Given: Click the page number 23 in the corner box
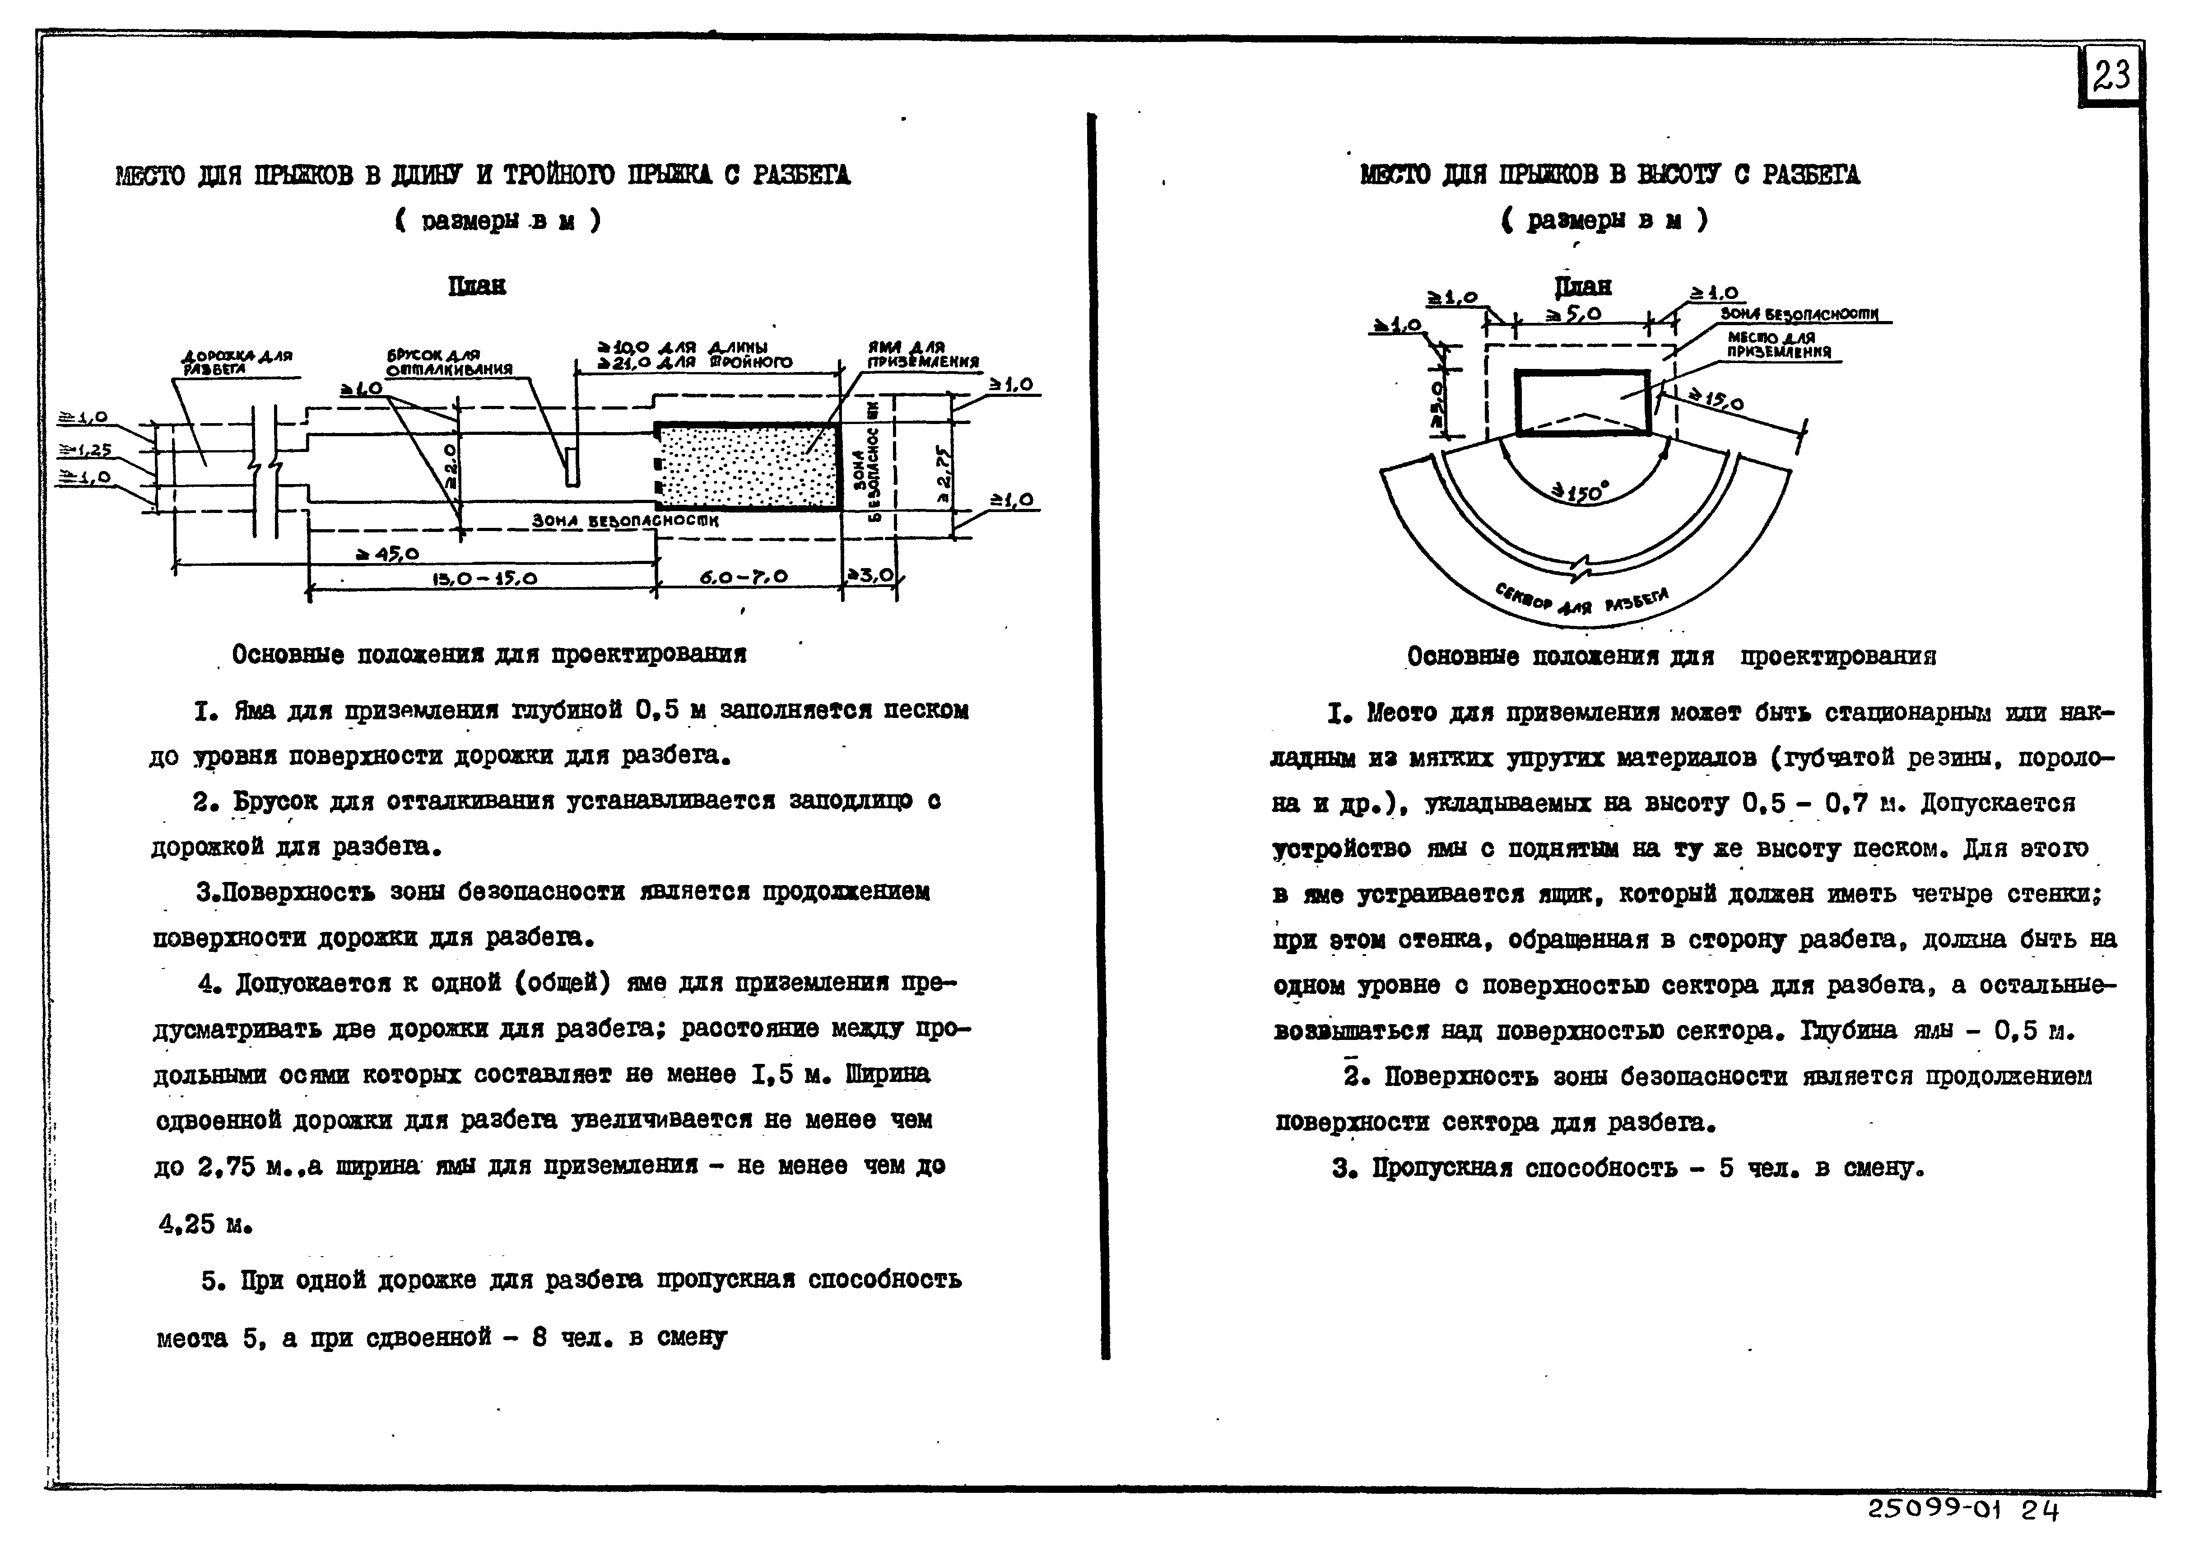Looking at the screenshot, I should (x=2110, y=75).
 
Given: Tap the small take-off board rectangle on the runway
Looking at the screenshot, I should (x=569, y=466).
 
